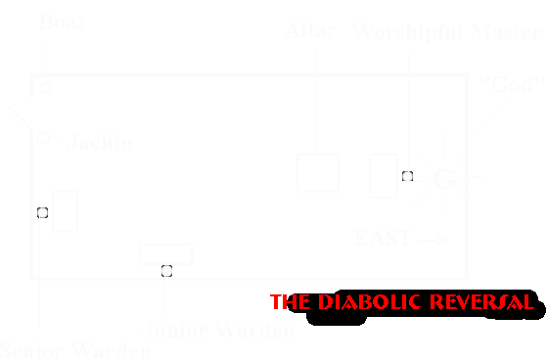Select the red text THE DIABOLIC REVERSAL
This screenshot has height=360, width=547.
401,301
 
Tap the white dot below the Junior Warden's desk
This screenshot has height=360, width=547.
166,270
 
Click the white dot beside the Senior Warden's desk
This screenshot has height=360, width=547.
42,212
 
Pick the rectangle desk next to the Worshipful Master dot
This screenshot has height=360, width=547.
383,176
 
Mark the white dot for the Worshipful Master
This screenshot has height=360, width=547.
405,177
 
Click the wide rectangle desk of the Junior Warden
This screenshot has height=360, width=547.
165,254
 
